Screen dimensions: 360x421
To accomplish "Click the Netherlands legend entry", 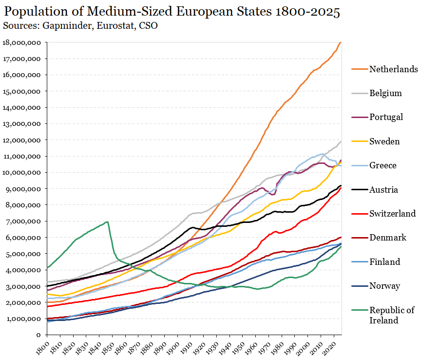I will (x=393, y=69).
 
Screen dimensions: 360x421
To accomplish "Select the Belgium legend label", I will (x=385, y=93).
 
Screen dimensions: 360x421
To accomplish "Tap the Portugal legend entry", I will (x=386, y=117).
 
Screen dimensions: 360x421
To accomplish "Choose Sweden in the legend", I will (x=384, y=141).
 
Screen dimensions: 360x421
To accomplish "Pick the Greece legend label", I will (x=383, y=165).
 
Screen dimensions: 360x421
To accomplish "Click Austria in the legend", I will (x=383, y=189).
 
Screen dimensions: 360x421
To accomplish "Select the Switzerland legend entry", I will (x=392, y=213).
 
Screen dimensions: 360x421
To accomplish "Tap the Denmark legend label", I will (x=387, y=238).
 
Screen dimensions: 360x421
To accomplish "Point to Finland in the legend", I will (x=384, y=261).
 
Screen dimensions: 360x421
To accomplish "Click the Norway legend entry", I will (x=384, y=286).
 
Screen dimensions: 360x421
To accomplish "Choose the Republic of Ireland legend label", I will (x=391, y=315).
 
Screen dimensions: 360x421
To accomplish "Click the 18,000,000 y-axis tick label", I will (x=22, y=42).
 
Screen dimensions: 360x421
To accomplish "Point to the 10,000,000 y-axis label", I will (x=22, y=173).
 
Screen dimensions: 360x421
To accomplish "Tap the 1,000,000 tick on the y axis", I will (x=24, y=319).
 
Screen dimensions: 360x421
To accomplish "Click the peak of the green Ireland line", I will (x=107, y=222).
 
